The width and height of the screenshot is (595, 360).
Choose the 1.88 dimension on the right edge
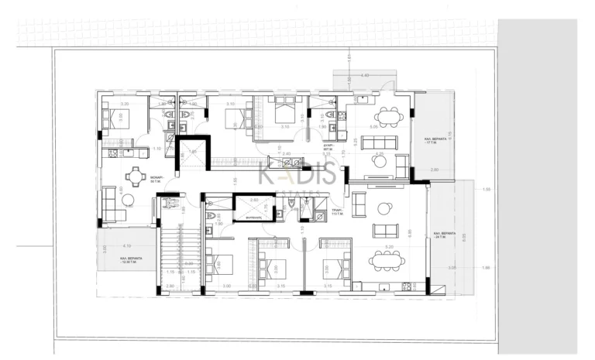point(486,268)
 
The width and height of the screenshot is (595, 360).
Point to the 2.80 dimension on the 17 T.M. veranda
point(434,169)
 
